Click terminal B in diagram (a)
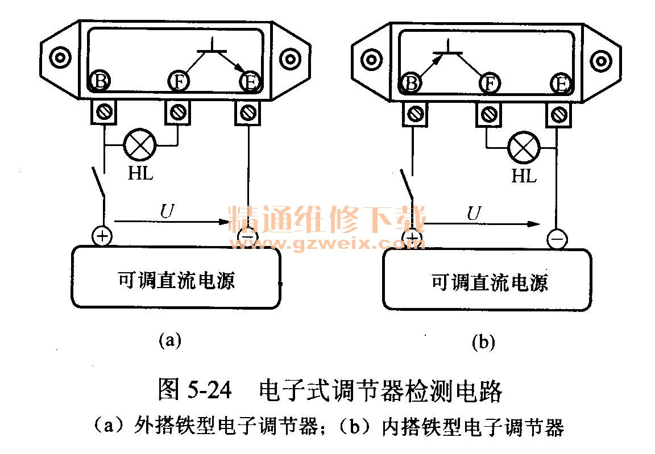(100, 81)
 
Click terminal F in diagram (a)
(179, 81)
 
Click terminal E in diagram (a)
(248, 81)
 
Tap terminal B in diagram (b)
(411, 84)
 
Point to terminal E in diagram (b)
(560, 84)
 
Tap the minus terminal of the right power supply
(557, 239)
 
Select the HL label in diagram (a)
(140, 173)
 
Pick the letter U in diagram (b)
(473, 213)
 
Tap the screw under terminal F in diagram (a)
(177, 111)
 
